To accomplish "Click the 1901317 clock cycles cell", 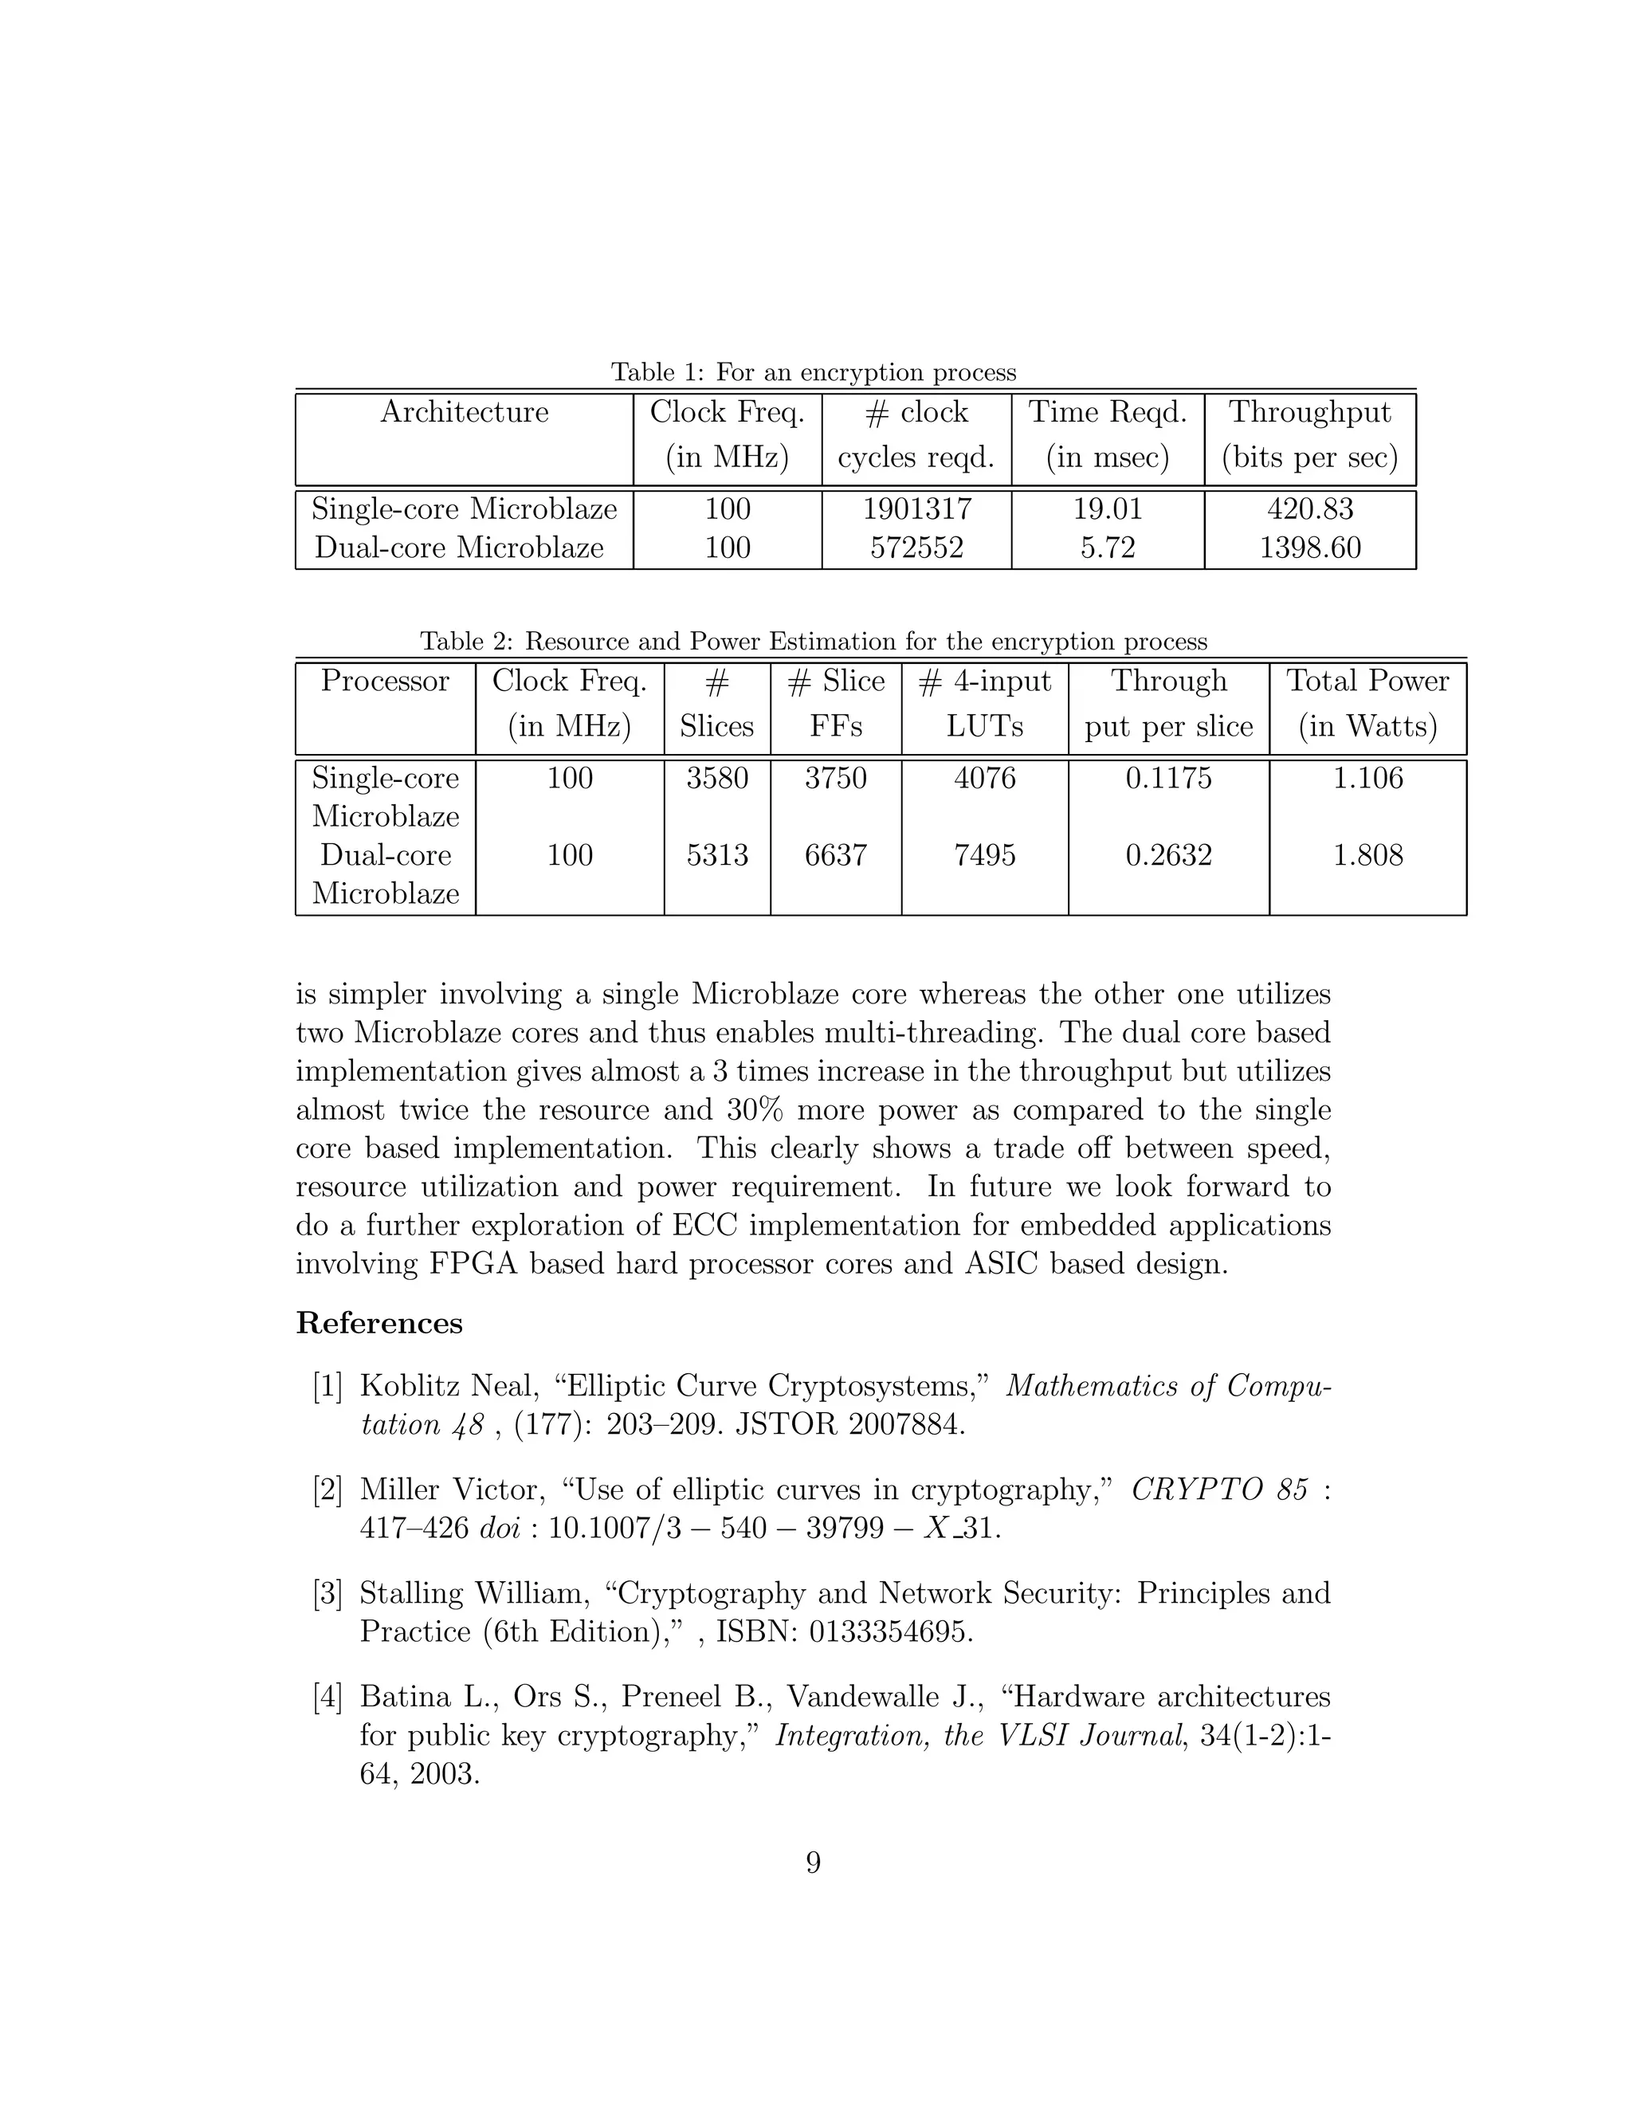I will (916, 508).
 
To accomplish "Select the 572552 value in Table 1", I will (916, 548).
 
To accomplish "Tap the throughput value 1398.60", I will (1310, 548).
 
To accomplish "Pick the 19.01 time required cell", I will (1107, 508).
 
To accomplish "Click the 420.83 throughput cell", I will (1310, 508).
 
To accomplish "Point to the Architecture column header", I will (464, 412).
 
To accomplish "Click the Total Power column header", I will (1367, 681).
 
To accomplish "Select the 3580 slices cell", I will (716, 778).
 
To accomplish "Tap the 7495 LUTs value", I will (984, 855).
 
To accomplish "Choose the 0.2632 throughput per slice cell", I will (1168, 855).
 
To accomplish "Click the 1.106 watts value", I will (1367, 778).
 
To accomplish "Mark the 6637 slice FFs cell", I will (835, 855).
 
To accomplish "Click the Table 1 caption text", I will (813, 372).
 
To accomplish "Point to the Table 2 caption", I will (813, 641).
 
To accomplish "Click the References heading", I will (379, 1323).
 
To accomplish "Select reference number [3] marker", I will (328, 1592).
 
